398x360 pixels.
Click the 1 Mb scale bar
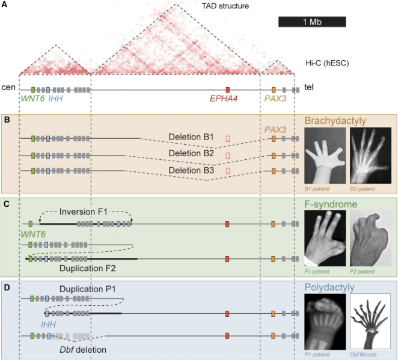[x=311, y=22]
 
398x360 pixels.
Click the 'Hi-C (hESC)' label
[x=328, y=63]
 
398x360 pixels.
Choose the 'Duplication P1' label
[x=86, y=289]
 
